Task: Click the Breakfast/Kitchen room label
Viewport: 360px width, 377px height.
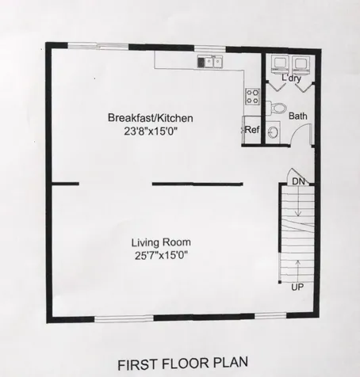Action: point(150,119)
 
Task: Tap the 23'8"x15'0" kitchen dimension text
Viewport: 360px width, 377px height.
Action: point(150,131)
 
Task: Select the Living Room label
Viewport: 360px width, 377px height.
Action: point(161,242)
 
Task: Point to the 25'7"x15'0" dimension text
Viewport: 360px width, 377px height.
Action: point(161,255)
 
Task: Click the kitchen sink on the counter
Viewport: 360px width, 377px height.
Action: point(211,61)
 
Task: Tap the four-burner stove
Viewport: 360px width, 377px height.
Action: point(253,97)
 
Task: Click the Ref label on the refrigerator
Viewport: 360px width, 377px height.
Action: point(252,130)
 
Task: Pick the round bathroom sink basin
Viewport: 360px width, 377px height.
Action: point(274,133)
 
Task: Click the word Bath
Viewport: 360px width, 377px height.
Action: point(297,116)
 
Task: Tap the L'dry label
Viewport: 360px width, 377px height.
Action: point(291,78)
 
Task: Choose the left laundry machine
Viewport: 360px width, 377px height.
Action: point(279,63)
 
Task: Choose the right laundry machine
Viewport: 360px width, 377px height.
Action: point(301,63)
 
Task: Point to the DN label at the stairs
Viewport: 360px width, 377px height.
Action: point(298,181)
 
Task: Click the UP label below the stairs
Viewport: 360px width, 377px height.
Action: point(297,287)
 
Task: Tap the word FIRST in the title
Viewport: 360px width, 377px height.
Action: point(137,364)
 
